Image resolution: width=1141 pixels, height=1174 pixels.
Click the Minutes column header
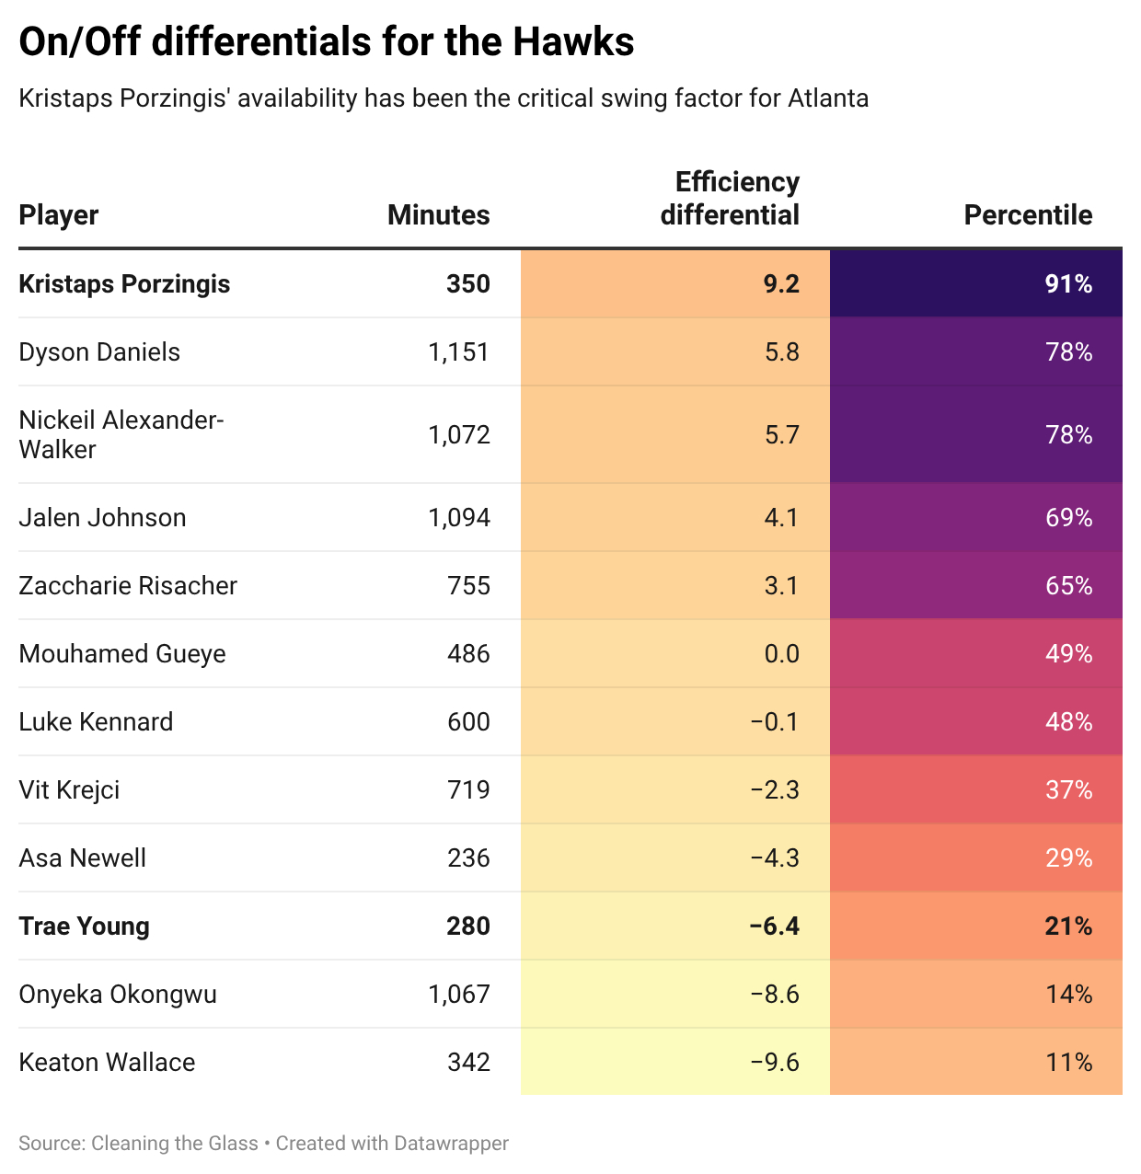point(438,215)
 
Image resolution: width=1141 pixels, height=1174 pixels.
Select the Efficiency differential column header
point(730,199)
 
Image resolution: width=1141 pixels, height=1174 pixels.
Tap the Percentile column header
point(1028,215)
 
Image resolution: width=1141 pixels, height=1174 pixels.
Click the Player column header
point(59,215)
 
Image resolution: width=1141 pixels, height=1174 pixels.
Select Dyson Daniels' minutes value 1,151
point(459,352)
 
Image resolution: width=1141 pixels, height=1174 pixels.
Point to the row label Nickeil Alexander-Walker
point(121,434)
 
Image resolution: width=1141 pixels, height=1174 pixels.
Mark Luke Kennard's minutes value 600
point(468,722)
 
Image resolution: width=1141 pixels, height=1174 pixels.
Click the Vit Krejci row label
point(69,790)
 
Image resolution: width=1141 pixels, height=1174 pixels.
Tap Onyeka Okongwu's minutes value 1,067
point(459,995)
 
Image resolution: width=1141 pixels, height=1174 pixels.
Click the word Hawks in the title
point(573,42)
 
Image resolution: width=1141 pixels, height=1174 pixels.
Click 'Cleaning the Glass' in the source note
point(175,1144)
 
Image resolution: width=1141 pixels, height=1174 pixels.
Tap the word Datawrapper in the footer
point(451,1144)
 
